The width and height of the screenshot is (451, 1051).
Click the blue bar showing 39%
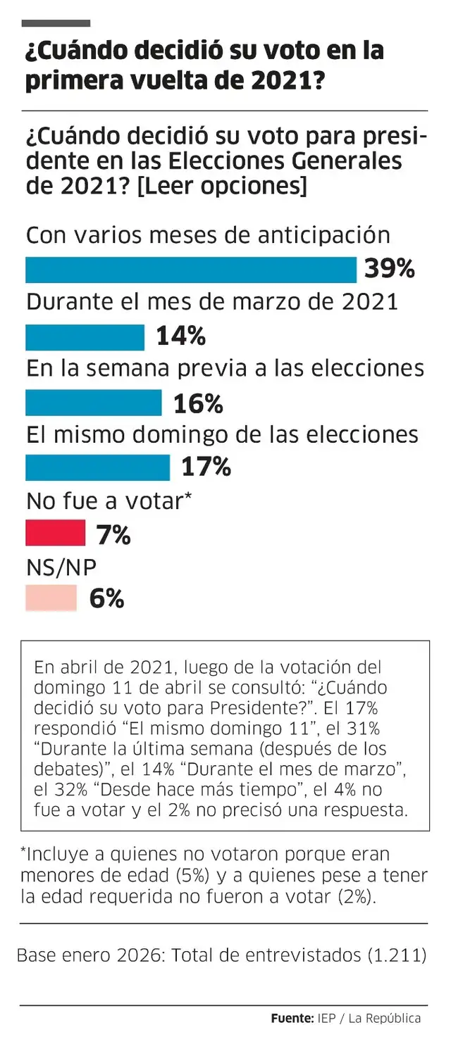point(191,270)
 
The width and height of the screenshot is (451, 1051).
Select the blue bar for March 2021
point(85,337)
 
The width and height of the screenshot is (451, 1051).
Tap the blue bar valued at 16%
point(93,403)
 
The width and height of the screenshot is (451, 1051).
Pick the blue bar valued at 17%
point(97,467)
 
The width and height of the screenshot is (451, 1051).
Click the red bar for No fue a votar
point(55,534)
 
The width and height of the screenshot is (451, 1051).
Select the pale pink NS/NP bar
point(51,598)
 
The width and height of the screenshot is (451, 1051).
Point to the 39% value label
point(389,270)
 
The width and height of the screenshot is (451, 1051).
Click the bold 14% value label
point(180,336)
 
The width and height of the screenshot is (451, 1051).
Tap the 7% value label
point(113,535)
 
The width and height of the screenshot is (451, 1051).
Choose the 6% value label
point(106,599)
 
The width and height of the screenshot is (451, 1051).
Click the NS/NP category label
point(61,567)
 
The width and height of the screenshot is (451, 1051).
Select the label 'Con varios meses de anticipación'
point(208,235)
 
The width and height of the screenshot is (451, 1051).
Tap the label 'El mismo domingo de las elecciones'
point(222,434)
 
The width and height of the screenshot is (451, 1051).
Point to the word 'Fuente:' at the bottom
point(292,1018)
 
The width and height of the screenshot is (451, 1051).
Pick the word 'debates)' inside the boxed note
point(61,768)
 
